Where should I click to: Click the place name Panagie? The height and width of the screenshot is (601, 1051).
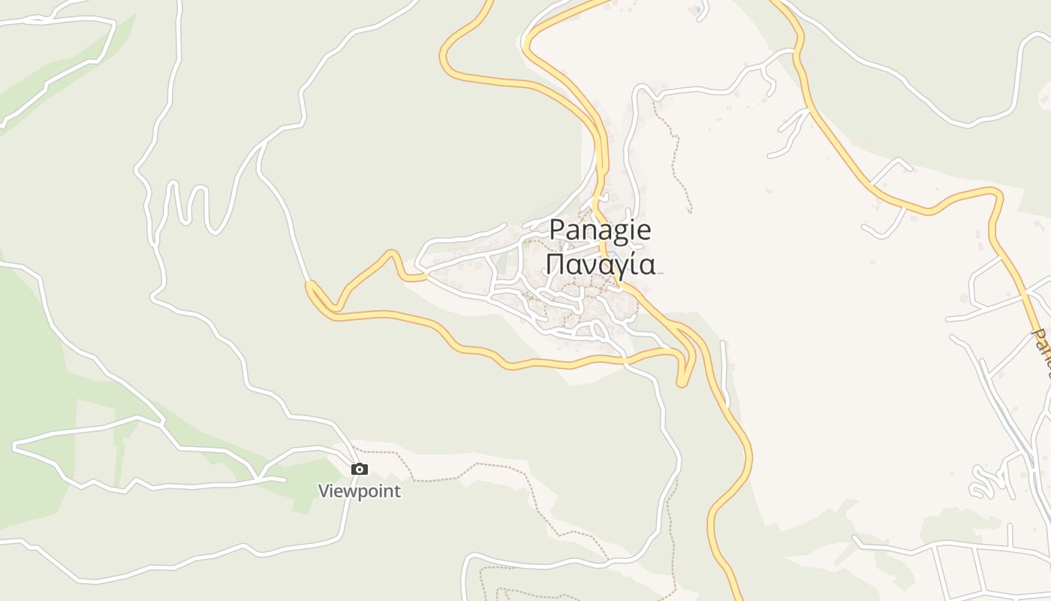tap(601, 229)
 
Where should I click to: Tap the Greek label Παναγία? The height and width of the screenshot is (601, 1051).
tap(601, 264)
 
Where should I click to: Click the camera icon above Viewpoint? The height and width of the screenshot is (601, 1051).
tap(360, 470)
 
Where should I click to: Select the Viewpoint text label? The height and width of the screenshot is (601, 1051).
tap(360, 491)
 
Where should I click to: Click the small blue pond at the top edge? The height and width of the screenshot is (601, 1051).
tap(699, 10)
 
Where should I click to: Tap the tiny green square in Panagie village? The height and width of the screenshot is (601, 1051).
tap(526, 243)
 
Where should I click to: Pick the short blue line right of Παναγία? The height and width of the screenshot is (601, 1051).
tap(660, 273)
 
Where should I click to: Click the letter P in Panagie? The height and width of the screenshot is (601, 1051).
tap(557, 229)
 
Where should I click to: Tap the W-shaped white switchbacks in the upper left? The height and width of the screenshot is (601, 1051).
tap(188, 203)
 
